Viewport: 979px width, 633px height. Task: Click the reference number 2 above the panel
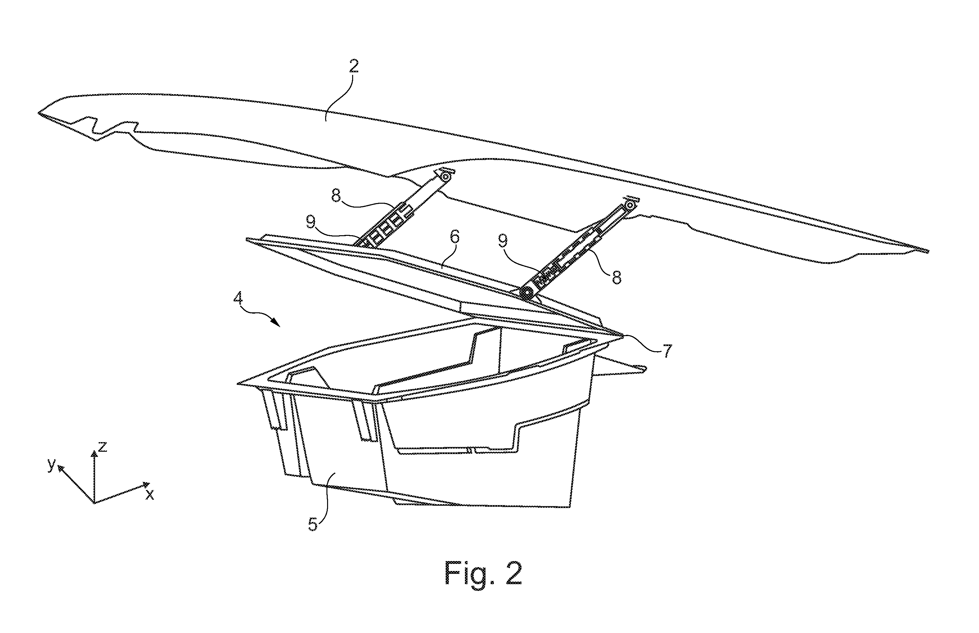point(354,66)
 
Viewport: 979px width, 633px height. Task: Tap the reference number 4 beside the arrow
point(238,298)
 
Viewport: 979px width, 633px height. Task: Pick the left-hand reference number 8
point(336,196)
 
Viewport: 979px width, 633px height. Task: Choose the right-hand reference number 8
point(617,277)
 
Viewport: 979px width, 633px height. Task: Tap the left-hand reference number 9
point(311,223)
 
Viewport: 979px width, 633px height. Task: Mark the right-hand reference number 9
point(503,241)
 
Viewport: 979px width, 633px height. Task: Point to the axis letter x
point(150,495)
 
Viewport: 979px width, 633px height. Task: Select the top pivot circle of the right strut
point(630,205)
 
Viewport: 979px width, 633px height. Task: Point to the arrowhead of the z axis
point(94,454)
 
